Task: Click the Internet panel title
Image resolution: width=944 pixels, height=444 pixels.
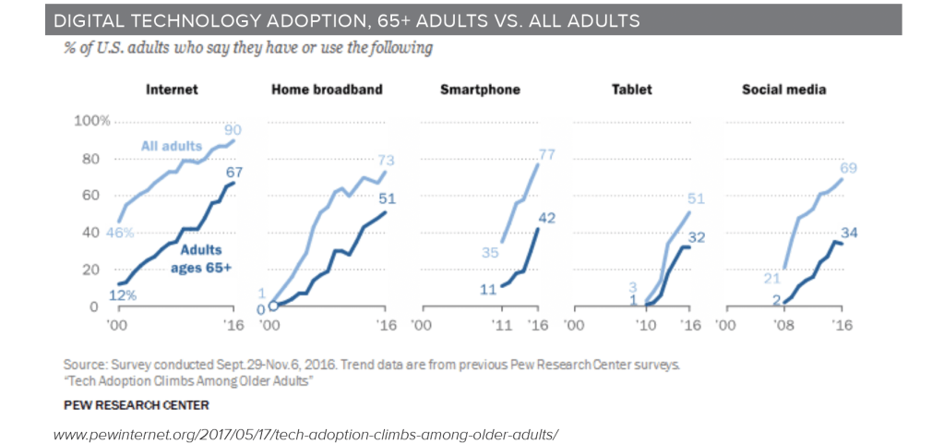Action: [x=173, y=90]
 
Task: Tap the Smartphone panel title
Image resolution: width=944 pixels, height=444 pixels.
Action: [x=480, y=90]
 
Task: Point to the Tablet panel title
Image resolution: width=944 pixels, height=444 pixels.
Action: [x=632, y=90]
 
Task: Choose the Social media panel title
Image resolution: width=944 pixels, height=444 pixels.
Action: [x=783, y=90]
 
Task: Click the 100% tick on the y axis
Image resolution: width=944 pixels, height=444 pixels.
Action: [x=92, y=121]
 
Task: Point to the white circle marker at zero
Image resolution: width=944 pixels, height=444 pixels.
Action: [x=273, y=306]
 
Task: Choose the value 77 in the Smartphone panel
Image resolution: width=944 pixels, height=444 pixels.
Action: [x=546, y=154]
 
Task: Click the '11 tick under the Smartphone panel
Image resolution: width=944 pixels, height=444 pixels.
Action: [x=501, y=325]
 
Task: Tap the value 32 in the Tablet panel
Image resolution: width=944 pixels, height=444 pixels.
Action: [x=698, y=238]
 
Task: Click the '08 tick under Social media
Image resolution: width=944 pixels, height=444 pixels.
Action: [x=783, y=325]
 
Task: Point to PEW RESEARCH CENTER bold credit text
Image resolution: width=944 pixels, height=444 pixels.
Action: [x=136, y=404]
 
